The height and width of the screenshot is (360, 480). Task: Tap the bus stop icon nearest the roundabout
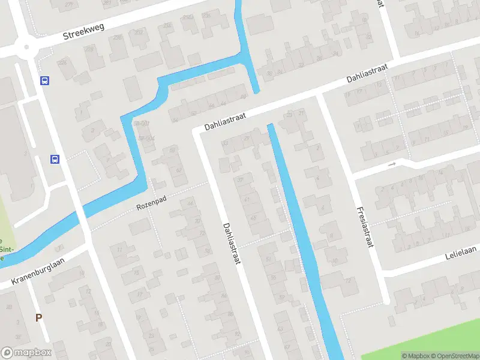point(44,81)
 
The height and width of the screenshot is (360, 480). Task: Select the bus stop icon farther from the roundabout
point(55,160)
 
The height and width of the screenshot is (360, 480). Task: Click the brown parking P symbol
point(39,318)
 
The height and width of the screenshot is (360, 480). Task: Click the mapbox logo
point(26,353)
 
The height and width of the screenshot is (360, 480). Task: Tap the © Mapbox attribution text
point(415,356)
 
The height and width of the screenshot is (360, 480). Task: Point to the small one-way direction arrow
point(392,164)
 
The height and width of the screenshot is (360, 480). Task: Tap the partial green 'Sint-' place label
point(7,248)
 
